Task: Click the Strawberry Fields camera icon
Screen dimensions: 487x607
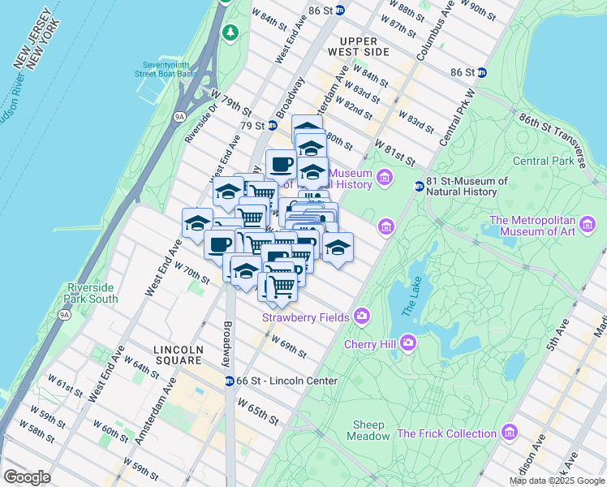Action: (x=361, y=316)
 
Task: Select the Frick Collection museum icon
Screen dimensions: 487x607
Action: (x=509, y=431)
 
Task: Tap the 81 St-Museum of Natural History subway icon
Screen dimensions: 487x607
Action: (x=420, y=186)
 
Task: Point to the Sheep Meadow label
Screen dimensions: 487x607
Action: (x=371, y=430)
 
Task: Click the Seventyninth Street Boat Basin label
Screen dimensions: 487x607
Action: (x=170, y=69)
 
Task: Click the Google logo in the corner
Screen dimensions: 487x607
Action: (x=27, y=477)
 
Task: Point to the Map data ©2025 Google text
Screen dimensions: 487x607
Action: (x=557, y=481)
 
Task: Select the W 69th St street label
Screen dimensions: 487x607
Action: (x=289, y=347)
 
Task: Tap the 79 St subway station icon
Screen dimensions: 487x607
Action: (x=273, y=125)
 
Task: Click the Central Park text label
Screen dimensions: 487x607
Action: (x=542, y=161)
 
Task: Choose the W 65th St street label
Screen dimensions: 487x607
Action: (x=258, y=411)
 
